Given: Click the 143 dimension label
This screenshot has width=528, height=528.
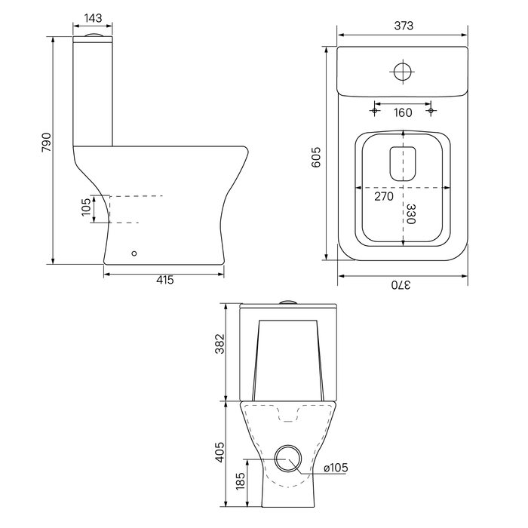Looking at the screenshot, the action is (x=93, y=18).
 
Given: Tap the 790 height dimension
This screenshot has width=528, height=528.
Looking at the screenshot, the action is (x=47, y=142).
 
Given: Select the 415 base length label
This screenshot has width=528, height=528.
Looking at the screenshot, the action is (x=165, y=280).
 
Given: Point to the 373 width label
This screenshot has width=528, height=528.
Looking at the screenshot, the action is (x=404, y=26).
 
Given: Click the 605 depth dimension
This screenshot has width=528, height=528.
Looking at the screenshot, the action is (x=316, y=157).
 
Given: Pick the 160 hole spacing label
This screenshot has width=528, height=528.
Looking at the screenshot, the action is (x=403, y=112).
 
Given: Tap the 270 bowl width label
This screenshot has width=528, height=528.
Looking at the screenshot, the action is (x=384, y=196).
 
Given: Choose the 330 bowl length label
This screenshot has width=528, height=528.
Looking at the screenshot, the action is (x=411, y=213).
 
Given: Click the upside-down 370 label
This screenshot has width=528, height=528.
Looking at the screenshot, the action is (x=401, y=285).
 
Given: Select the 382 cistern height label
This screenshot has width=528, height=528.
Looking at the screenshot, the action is (x=219, y=344).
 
